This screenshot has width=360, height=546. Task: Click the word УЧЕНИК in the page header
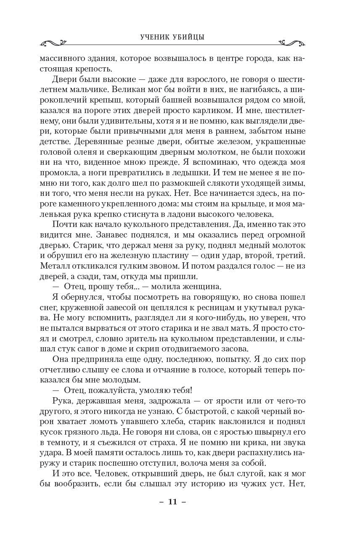coord(155,37)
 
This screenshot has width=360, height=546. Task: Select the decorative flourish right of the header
coord(292,43)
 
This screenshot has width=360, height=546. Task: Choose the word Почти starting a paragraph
coord(65,224)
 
